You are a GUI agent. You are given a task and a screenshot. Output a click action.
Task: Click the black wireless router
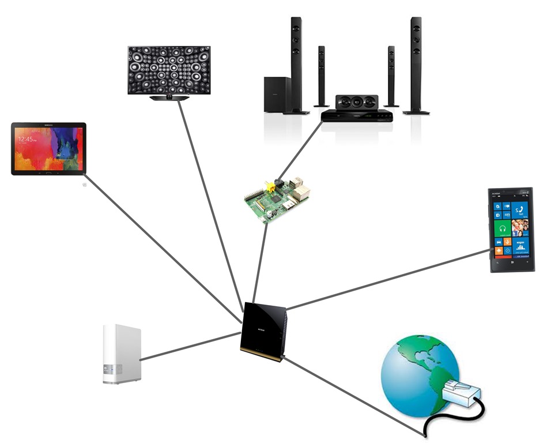click(x=263, y=331)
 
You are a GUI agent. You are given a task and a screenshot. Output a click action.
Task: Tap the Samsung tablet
click(x=48, y=148)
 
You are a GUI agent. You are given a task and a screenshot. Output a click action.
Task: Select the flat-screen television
click(x=169, y=70)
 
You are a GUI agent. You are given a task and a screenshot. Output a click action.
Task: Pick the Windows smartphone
click(x=511, y=229)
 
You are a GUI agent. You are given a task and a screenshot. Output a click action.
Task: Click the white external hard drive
click(x=122, y=354)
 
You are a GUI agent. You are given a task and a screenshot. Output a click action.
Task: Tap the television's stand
click(x=169, y=98)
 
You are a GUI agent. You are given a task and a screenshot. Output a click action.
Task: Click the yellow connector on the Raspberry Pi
click(x=269, y=187)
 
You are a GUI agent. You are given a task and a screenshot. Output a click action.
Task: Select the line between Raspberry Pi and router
click(x=259, y=262)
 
